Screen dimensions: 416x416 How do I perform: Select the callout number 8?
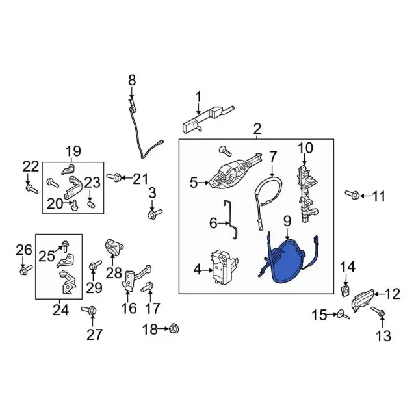click(132, 80)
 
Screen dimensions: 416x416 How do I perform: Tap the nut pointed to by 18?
click(174, 329)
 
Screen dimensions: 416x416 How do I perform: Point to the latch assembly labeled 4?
click(224, 267)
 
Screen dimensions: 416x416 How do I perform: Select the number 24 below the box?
click(60, 310)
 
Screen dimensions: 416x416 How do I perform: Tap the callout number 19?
click(73, 151)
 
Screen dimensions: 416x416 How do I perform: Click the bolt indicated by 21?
click(114, 177)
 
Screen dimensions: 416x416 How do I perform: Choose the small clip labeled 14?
click(345, 291)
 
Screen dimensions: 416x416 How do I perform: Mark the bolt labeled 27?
click(90, 310)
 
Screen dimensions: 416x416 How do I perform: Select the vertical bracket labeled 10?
click(307, 193)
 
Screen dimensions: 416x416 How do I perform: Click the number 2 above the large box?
click(257, 129)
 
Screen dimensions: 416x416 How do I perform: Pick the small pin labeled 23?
click(91, 205)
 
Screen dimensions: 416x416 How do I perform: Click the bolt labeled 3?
click(155, 214)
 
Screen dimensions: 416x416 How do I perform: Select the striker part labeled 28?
click(114, 248)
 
